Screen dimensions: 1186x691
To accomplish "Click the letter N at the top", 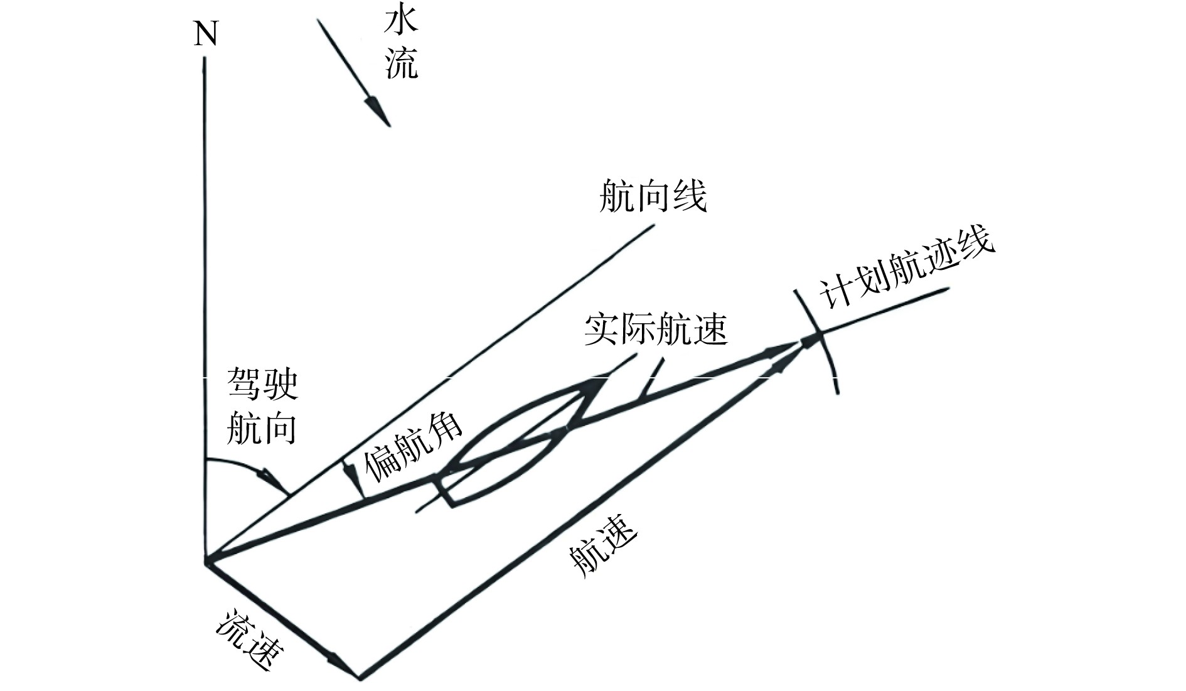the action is (x=206, y=34).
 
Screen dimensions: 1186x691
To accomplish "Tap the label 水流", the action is (x=401, y=48).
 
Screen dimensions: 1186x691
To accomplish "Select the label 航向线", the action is (x=653, y=196).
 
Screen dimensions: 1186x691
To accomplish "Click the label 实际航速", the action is (x=656, y=329).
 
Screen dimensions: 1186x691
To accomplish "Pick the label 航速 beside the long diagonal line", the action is (x=603, y=545).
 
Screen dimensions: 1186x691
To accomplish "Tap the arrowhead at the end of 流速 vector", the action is (x=342, y=665).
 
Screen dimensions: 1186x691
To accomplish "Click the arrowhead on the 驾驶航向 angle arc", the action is (x=276, y=480).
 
